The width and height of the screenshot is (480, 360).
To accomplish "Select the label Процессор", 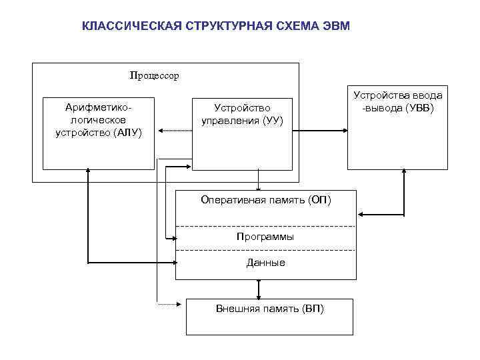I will pos(155,75).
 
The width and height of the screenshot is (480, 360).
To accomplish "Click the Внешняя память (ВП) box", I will pos(269,316).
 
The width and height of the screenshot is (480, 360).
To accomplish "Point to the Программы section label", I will pos(265,237).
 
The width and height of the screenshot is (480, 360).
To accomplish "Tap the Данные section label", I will pos(265,263).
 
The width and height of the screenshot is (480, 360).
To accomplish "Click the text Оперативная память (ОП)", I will pos(265,199).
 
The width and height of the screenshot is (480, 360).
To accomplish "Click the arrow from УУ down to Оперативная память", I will pos(259,181).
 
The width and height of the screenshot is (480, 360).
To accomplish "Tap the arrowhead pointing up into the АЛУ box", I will pos(87,172).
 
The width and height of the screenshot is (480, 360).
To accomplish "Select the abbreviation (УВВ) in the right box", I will pos(417,108).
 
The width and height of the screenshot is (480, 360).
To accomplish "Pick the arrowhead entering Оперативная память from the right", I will pos(361,215).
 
